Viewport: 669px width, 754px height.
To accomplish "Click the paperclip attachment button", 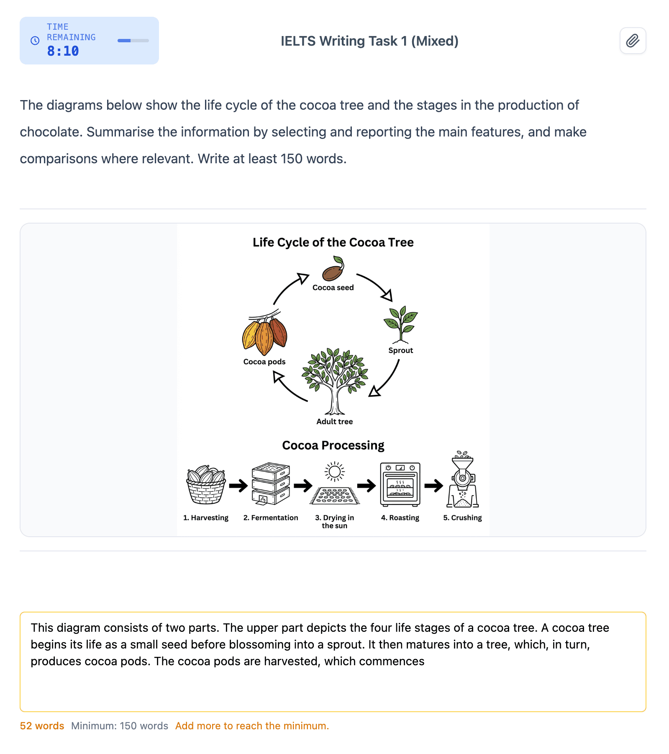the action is pyautogui.click(x=633, y=41).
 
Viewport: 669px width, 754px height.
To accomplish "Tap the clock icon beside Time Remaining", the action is pyautogui.click(x=35, y=41).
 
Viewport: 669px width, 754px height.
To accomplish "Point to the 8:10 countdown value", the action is pyautogui.click(x=63, y=51).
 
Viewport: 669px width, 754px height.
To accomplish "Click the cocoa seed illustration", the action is pyautogui.click(x=333, y=269).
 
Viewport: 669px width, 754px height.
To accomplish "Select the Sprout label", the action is pyautogui.click(x=400, y=350).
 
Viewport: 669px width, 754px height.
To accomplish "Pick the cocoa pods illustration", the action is pyautogui.click(x=265, y=333).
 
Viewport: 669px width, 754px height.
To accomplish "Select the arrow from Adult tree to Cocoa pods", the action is pyautogui.click(x=287, y=389).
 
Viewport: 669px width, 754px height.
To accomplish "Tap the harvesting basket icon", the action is pyautogui.click(x=206, y=484).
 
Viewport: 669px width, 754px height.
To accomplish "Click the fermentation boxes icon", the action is pyautogui.click(x=271, y=484).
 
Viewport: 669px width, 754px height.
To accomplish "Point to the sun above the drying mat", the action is pyautogui.click(x=335, y=472).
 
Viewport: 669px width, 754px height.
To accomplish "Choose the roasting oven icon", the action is pyautogui.click(x=400, y=484).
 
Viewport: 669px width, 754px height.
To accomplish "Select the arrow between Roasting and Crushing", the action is pyautogui.click(x=433, y=486).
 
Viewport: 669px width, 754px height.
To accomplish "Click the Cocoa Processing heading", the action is pyautogui.click(x=333, y=445).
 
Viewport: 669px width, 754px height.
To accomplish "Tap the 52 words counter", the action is pyautogui.click(x=42, y=726).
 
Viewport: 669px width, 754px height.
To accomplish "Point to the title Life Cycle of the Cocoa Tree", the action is pyautogui.click(x=333, y=242).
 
